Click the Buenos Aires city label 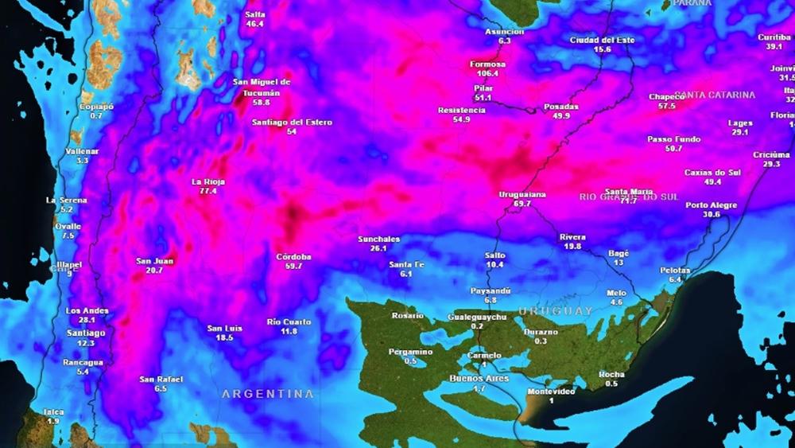pyautogui.click(x=479, y=378)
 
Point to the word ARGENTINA pyautogui.click(x=267, y=394)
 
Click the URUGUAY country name pyautogui.click(x=556, y=310)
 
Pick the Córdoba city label pyautogui.click(x=293, y=256)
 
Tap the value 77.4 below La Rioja pyautogui.click(x=208, y=191)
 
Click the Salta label pyautogui.click(x=255, y=14)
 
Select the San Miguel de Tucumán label pyautogui.click(x=262, y=87)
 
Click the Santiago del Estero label pyautogui.click(x=292, y=122)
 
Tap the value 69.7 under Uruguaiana pyautogui.click(x=522, y=204)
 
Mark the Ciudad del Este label pyautogui.click(x=602, y=39)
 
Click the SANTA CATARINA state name pyautogui.click(x=704, y=95)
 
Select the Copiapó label pyautogui.click(x=96, y=106)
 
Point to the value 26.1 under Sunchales pyautogui.click(x=378, y=248)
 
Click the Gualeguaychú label pyautogui.click(x=477, y=317)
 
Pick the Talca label pyautogui.click(x=53, y=411)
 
